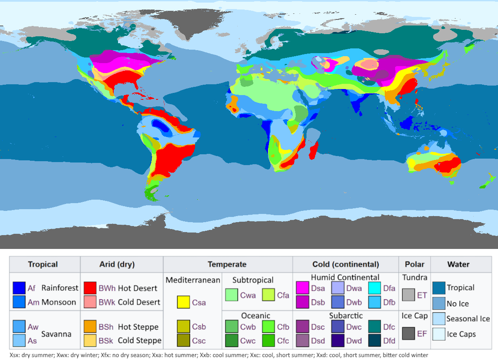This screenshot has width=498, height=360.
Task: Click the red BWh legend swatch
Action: pyautogui.click(x=90, y=288)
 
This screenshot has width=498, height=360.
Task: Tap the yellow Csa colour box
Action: pyautogui.click(x=184, y=302)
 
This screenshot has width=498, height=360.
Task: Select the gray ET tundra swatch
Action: pyautogui.click(x=409, y=295)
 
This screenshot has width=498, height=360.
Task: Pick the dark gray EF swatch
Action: pyautogui.click(x=409, y=334)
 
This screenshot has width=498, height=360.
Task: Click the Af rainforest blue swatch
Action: pyautogui.click(x=19, y=288)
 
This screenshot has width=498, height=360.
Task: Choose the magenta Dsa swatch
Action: pyautogui.click(x=303, y=288)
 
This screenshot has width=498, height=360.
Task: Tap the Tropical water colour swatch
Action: pyautogui.click(x=439, y=288)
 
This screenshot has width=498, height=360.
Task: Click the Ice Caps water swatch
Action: pyautogui.click(x=439, y=334)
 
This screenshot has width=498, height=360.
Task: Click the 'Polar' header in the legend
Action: pyautogui.click(x=415, y=264)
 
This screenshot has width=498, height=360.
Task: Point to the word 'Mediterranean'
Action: pyautogui.click(x=193, y=280)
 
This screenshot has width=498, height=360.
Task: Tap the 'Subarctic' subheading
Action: pyautogui.click(x=346, y=316)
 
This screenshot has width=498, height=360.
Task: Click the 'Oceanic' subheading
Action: pyautogui.click(x=255, y=316)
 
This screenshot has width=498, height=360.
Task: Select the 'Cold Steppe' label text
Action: pyautogui.click(x=140, y=341)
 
